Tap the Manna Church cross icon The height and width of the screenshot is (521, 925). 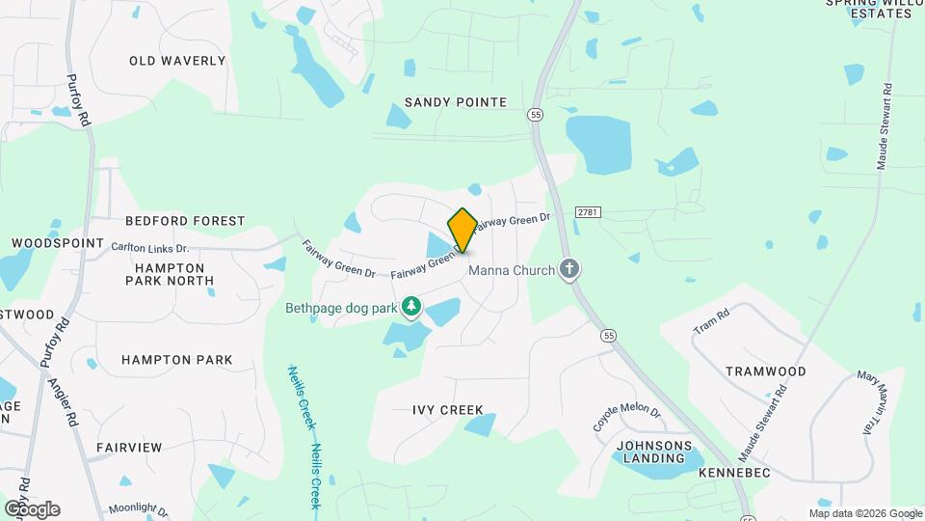pyautogui.click(x=570, y=269)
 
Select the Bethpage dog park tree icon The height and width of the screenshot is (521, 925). pyautogui.click(x=411, y=307)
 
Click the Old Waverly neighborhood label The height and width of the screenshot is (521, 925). pyautogui.click(x=177, y=61)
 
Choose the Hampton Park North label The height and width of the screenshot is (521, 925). pyautogui.click(x=170, y=274)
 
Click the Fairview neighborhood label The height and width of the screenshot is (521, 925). pyautogui.click(x=129, y=448)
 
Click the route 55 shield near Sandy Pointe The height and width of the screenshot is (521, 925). pyautogui.click(x=535, y=115)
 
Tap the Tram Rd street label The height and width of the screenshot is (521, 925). pyautogui.click(x=711, y=322)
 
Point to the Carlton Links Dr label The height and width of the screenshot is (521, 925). pyautogui.click(x=149, y=248)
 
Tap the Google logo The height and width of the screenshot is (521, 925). pyautogui.click(x=33, y=508)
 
